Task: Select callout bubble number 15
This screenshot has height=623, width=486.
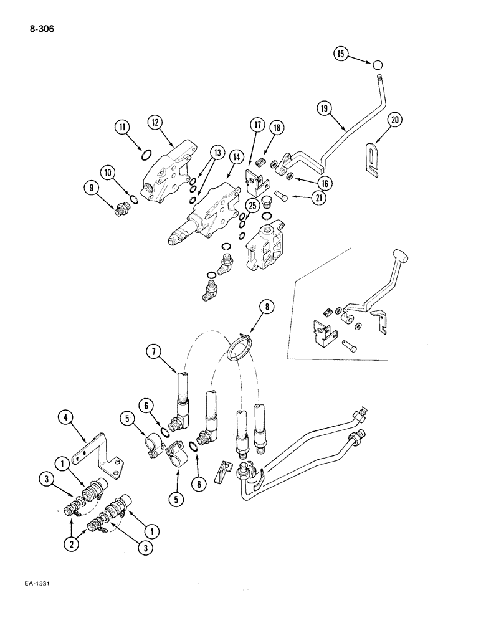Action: [x=340, y=54]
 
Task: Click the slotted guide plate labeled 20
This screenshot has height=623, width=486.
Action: [x=372, y=156]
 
